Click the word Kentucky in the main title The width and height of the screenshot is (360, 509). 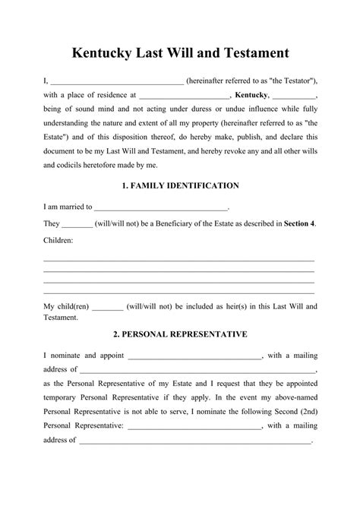pyautogui.click(x=103, y=53)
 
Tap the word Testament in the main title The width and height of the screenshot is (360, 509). pyautogui.click(x=251, y=53)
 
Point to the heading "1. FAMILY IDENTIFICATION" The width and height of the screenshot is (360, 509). pyautogui.click(x=180, y=185)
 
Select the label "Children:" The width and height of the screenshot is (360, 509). pyautogui.click(x=58, y=240)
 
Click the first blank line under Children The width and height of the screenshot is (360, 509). pyautogui.click(x=179, y=260)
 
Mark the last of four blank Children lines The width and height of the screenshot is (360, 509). pyautogui.click(x=179, y=292)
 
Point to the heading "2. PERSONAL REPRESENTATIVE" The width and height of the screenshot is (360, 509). pyautogui.click(x=180, y=334)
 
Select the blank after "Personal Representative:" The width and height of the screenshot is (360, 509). pyautogui.click(x=194, y=426)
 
